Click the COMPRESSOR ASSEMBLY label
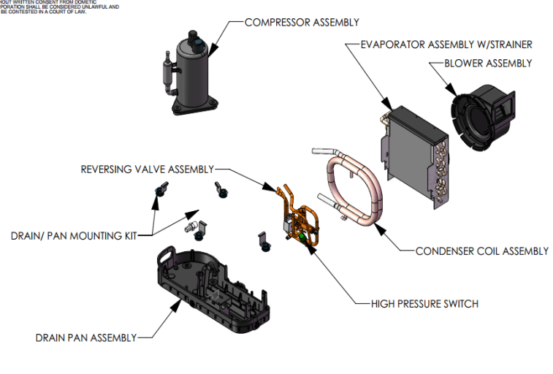tap(302, 23)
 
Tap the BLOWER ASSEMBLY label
tap(488, 64)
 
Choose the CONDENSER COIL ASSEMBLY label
tap(481, 251)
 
